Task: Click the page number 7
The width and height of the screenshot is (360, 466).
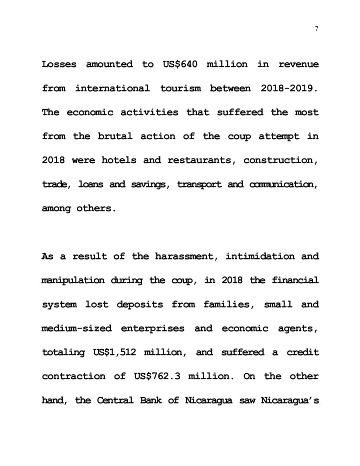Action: click(316, 29)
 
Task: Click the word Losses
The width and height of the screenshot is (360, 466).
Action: click(59, 65)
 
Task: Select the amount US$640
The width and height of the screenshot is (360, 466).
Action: click(180, 65)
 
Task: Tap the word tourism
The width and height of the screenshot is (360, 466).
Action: click(181, 89)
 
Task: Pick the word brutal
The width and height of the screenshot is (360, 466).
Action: click(114, 136)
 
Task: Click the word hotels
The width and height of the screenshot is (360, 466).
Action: click(119, 160)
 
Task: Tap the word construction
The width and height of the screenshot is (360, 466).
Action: click(281, 160)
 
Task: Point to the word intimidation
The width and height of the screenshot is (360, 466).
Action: click(260, 256)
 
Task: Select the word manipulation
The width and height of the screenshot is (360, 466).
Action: click(73, 281)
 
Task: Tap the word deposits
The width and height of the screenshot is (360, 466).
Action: click(140, 305)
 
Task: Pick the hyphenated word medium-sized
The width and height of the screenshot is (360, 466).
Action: click(76, 329)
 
